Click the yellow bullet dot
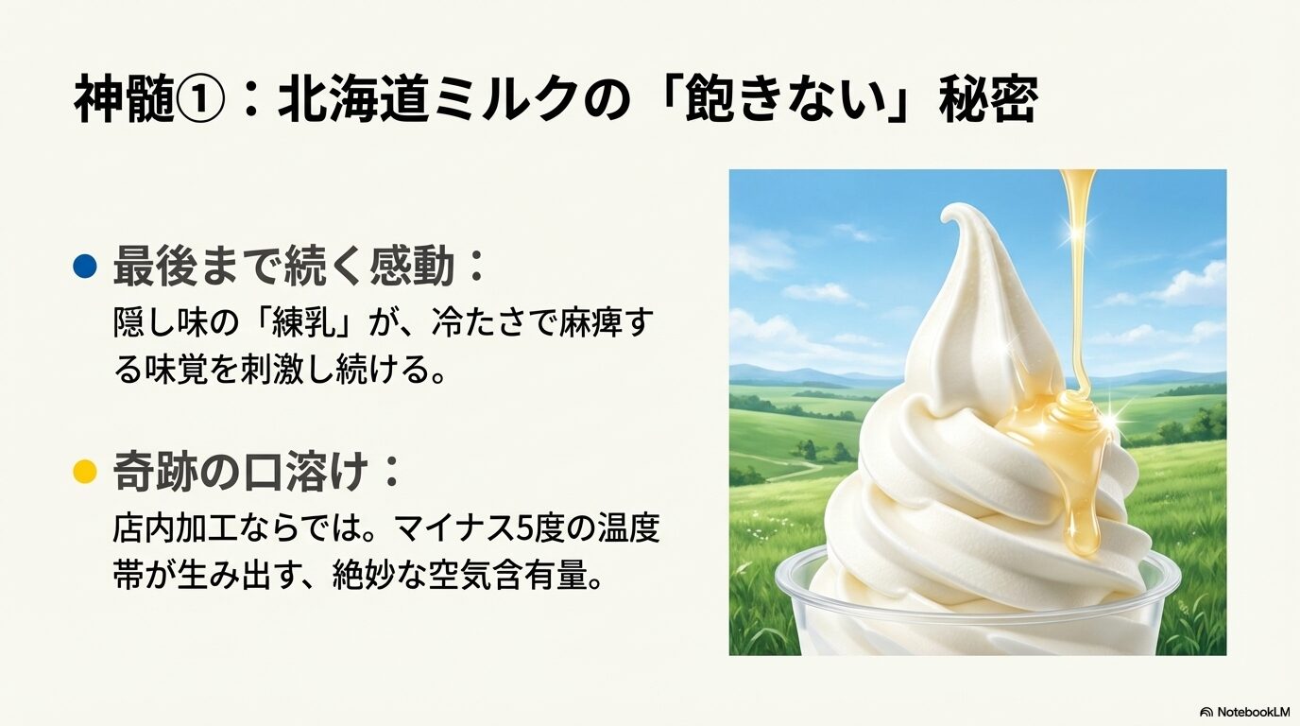click(x=85, y=471)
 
